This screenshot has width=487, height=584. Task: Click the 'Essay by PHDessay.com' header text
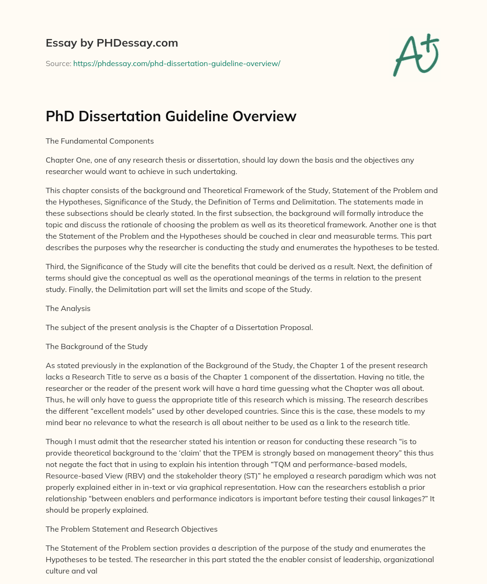click(112, 43)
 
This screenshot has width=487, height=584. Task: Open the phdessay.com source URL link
click(176, 63)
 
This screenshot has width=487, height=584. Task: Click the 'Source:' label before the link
click(58, 63)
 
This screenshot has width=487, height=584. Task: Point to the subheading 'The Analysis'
click(68, 308)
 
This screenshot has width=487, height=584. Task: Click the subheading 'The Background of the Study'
click(97, 346)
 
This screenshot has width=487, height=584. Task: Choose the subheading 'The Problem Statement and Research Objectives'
click(131, 529)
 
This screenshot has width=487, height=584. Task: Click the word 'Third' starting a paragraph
click(56, 266)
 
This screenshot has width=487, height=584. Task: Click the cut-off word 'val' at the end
click(91, 571)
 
